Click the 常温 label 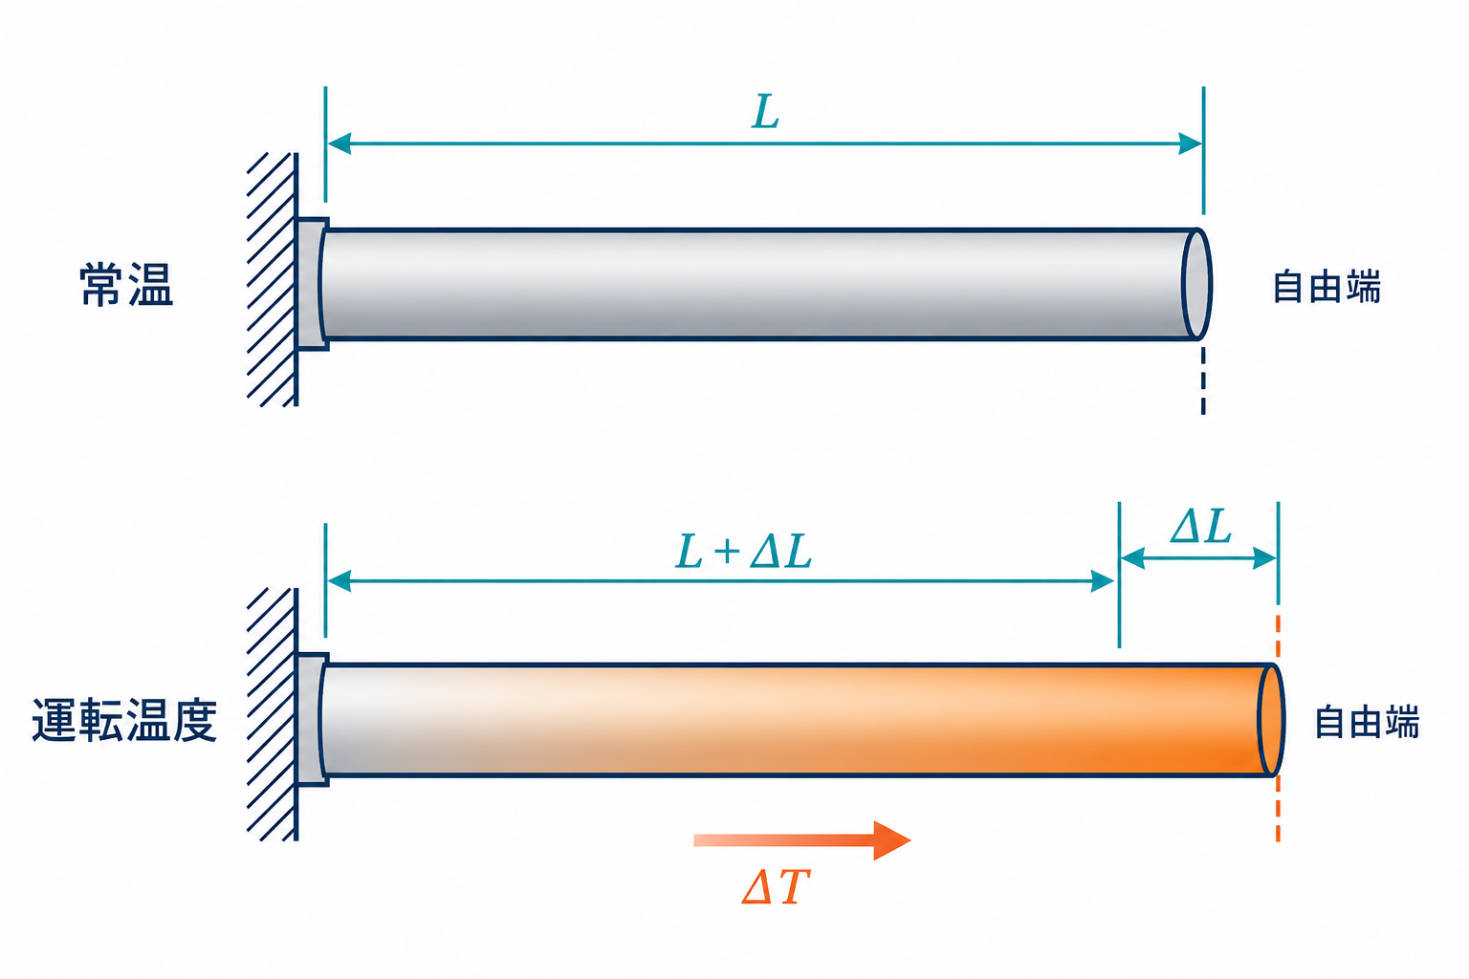tap(126, 284)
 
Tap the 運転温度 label tap(124, 720)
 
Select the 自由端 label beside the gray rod tap(1326, 287)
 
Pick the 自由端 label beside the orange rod tap(1368, 722)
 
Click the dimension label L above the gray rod tap(765, 112)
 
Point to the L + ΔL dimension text tap(744, 551)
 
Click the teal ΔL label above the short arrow tap(1201, 527)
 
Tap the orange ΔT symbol tap(776, 886)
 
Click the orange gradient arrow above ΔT tap(802, 840)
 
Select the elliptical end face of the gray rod tap(1196, 284)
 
